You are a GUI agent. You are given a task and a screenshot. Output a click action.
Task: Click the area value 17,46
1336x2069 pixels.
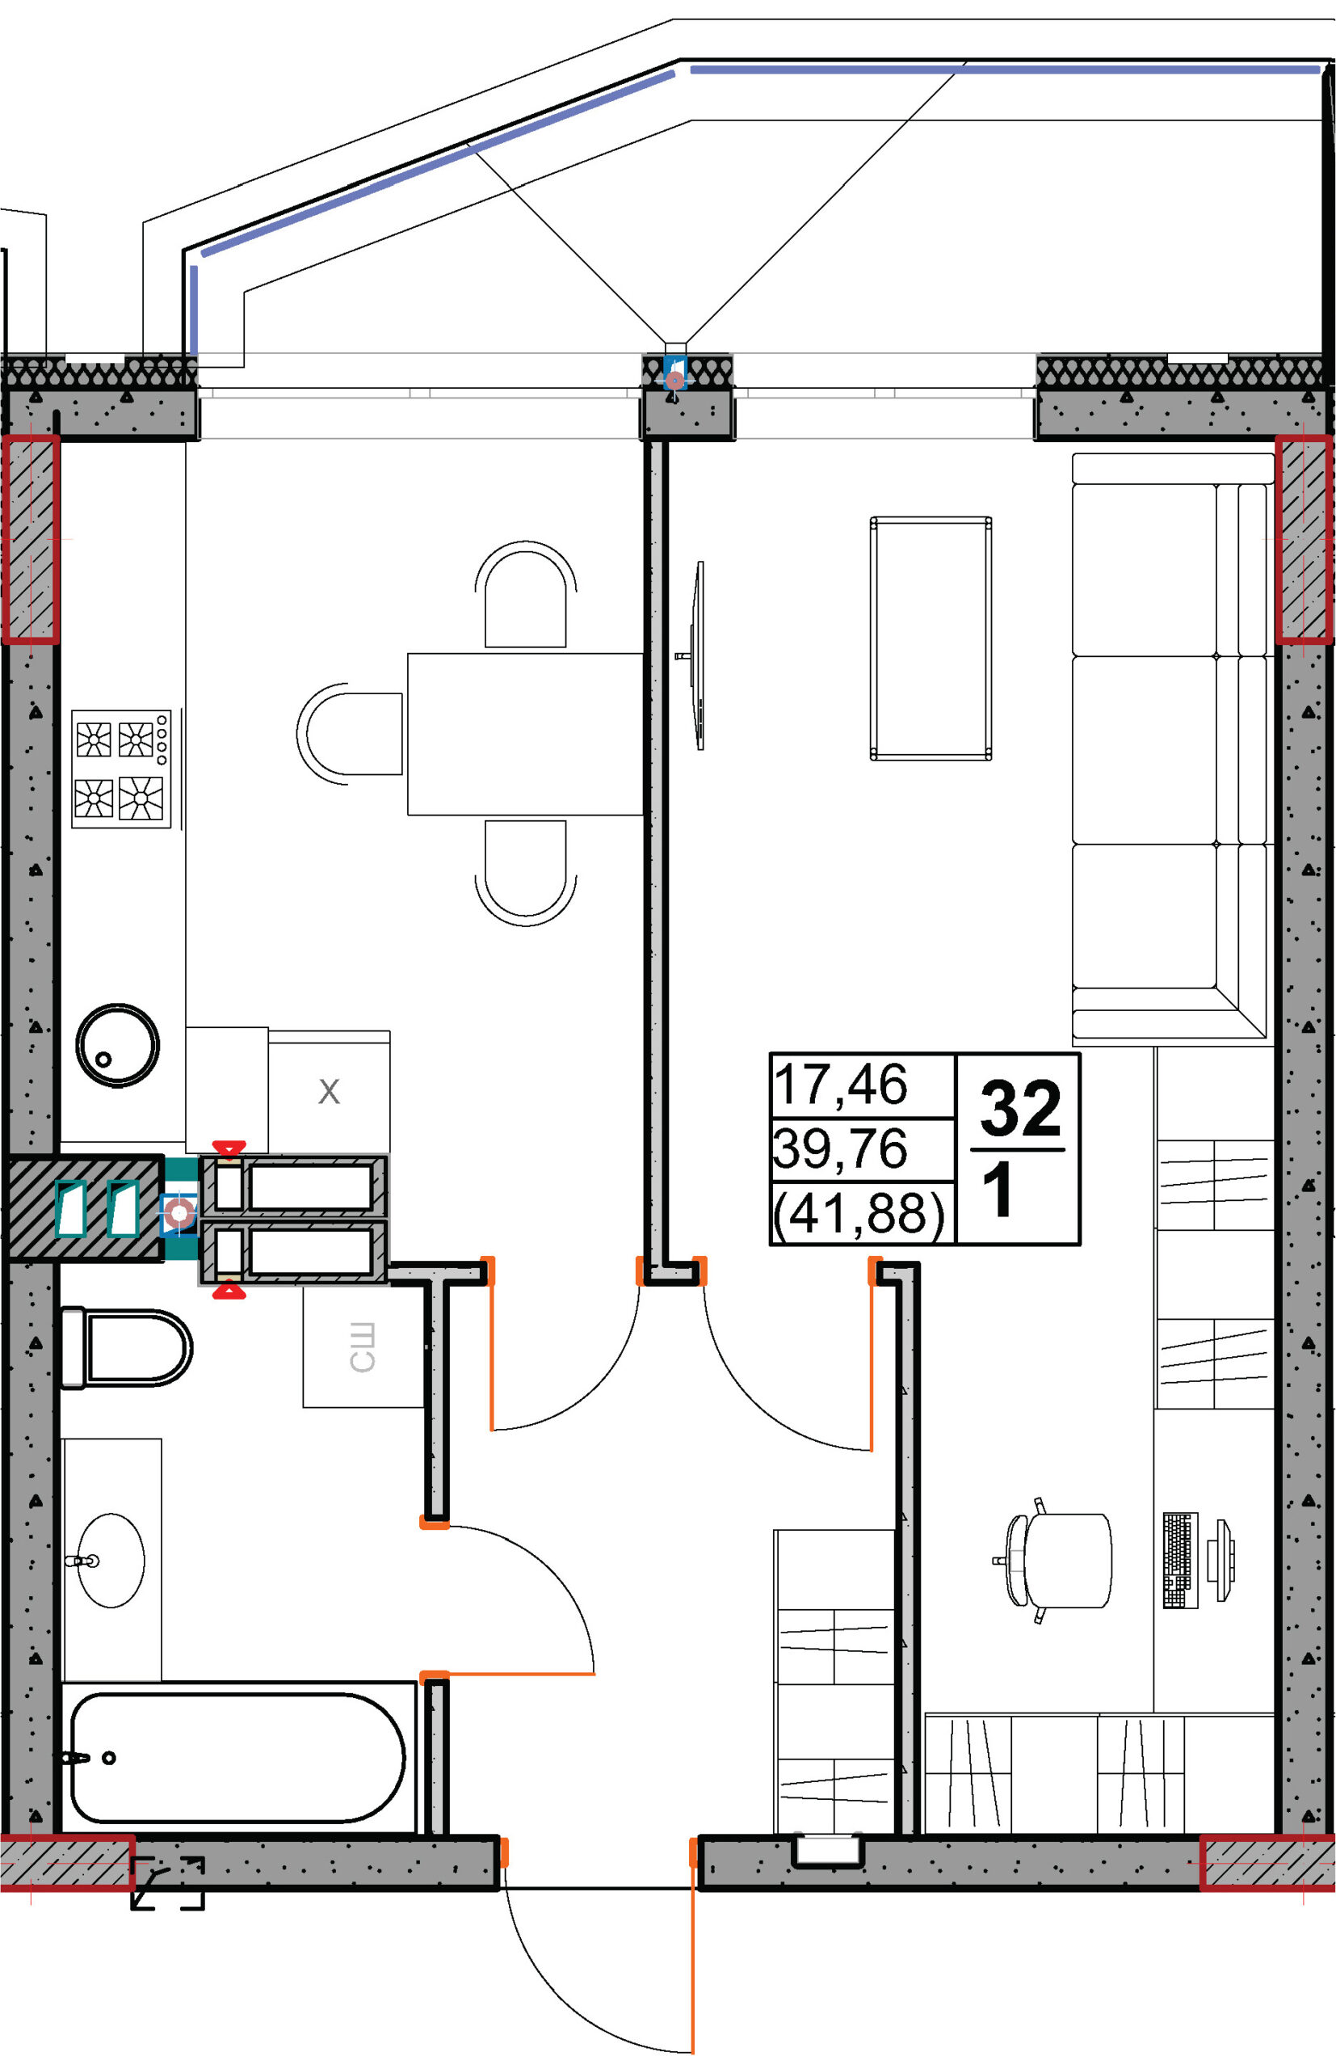[x=841, y=1085]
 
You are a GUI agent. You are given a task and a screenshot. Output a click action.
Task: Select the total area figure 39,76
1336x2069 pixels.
[x=841, y=1148]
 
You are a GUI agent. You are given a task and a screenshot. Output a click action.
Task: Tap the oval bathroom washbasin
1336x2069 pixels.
[x=111, y=1561]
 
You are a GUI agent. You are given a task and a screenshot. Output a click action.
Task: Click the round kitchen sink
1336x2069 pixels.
[x=117, y=1046]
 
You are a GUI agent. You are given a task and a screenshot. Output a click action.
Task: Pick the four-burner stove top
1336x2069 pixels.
[x=121, y=769]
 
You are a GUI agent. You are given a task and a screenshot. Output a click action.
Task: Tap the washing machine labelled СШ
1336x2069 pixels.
[x=363, y=1347]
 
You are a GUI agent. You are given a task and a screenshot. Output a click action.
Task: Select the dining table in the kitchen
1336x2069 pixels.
[x=526, y=734]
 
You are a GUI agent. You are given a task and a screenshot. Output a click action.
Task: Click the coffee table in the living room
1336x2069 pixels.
[x=931, y=638]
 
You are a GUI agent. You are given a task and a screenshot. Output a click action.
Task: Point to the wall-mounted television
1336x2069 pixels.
[x=695, y=655]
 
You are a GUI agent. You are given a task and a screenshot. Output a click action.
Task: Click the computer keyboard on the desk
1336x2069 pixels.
[x=1180, y=1561]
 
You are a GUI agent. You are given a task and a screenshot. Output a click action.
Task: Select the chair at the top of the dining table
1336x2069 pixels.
[x=526, y=595]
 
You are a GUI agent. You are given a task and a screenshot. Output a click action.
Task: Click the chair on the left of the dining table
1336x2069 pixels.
[x=350, y=733]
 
